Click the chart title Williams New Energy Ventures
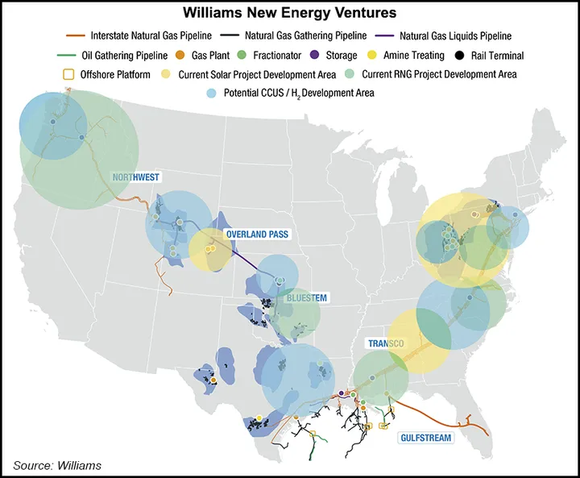point(291,14)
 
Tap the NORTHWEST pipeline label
point(135,177)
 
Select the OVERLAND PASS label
point(256,235)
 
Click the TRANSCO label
point(385,343)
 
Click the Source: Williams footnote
point(57,465)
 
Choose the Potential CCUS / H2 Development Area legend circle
point(213,93)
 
